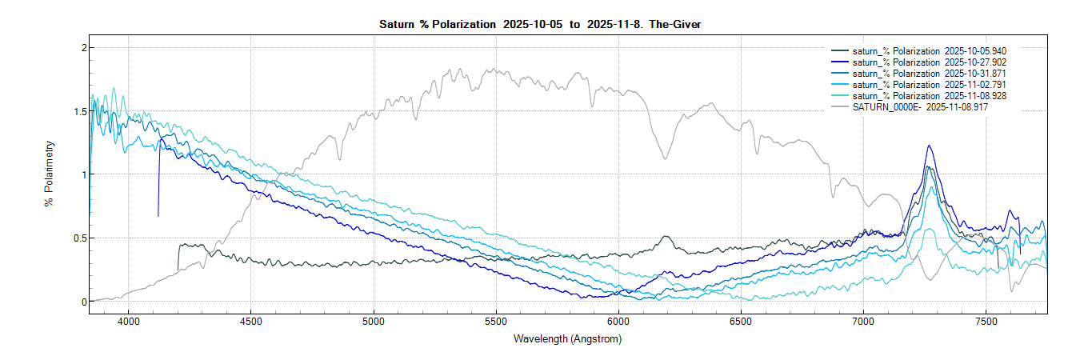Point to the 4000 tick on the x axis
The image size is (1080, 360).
[128, 322]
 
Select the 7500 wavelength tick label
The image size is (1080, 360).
[986, 322]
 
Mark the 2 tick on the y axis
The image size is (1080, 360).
[82, 48]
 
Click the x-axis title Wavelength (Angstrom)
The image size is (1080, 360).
[567, 339]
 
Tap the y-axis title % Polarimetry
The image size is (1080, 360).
[50, 174]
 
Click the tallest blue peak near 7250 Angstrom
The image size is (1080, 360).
[929, 146]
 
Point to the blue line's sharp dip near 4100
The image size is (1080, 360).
[158, 215]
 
